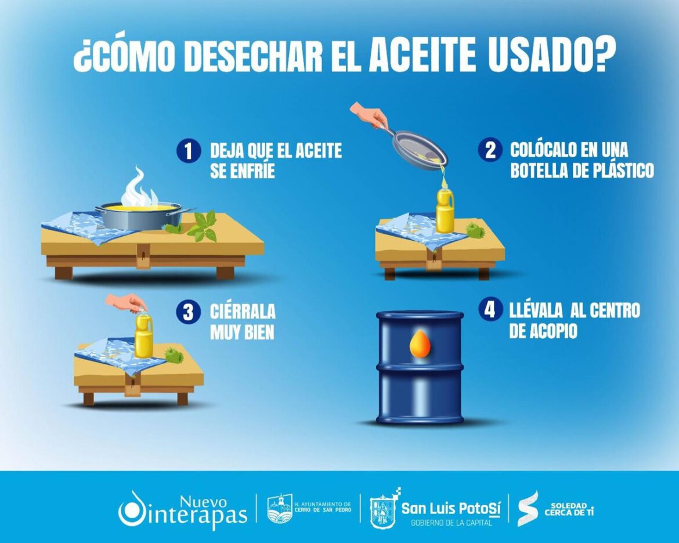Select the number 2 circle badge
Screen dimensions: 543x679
(x=490, y=150)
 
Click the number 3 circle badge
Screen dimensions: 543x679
(x=187, y=312)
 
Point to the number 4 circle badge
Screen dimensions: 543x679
(x=490, y=309)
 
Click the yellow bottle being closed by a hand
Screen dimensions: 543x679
(x=143, y=336)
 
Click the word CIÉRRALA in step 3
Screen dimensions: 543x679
(x=243, y=312)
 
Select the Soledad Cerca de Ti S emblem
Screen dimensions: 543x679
(x=528, y=509)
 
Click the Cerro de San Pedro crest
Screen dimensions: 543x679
(x=280, y=509)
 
